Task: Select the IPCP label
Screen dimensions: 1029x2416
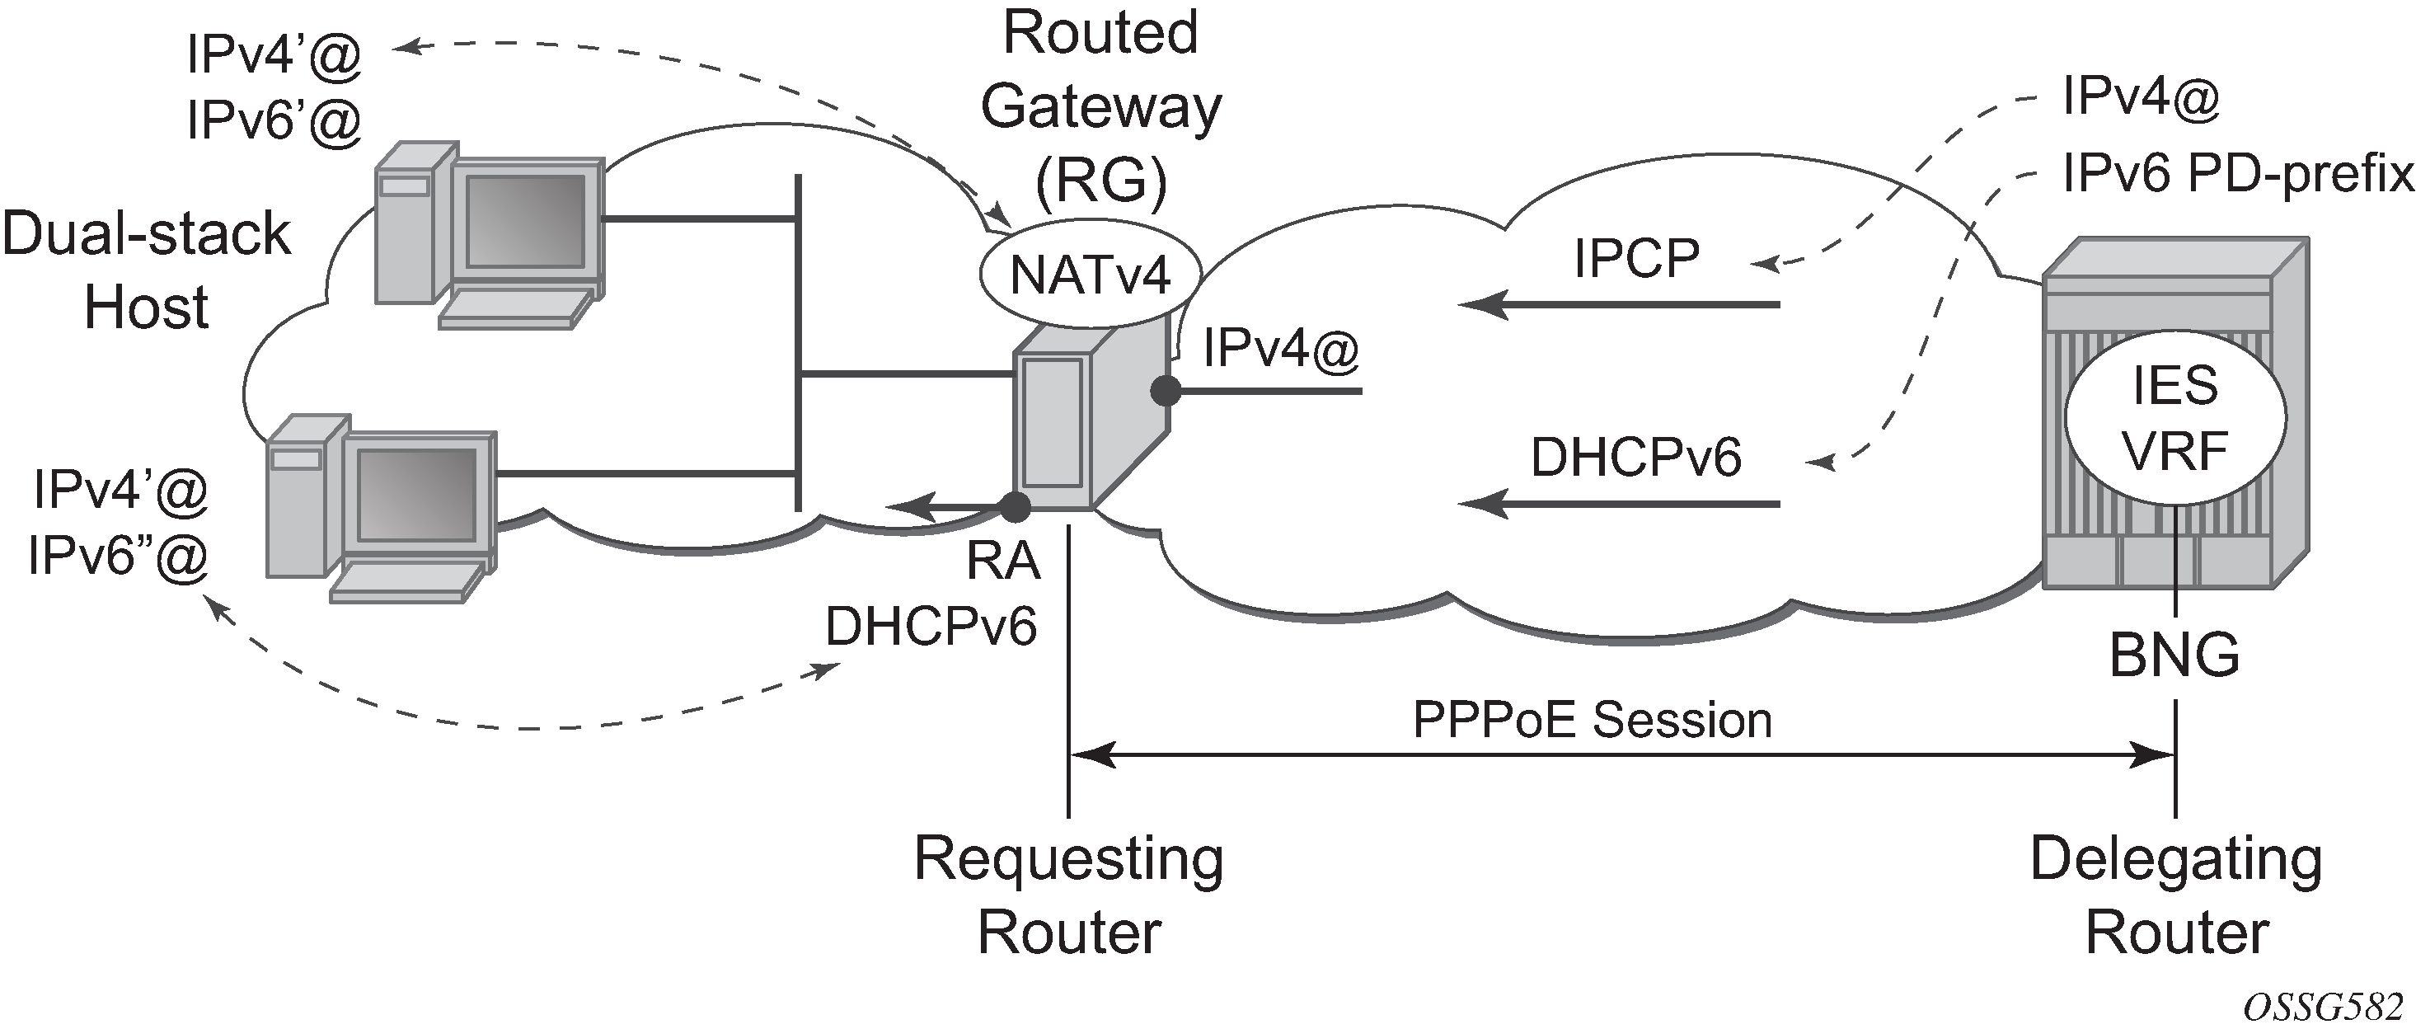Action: point(1636,258)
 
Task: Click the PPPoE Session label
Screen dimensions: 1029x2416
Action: point(1593,721)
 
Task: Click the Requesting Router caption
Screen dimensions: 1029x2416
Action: point(1069,895)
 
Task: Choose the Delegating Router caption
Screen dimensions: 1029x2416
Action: point(2176,895)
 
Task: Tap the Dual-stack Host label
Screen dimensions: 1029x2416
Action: point(146,270)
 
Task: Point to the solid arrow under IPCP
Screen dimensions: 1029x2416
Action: point(1620,305)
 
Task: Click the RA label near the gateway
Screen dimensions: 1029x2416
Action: point(1003,561)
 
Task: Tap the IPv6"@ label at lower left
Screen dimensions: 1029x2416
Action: point(118,557)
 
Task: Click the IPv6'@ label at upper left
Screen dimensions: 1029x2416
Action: point(274,121)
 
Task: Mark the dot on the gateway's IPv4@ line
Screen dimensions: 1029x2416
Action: point(1166,390)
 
